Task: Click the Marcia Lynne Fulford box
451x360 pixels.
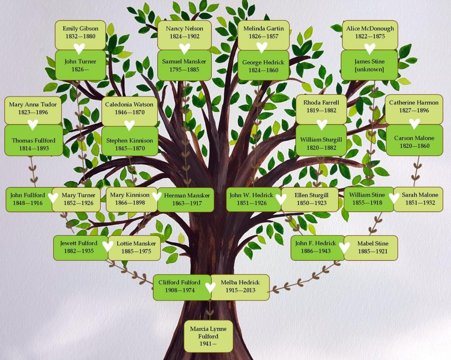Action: [x=208, y=336]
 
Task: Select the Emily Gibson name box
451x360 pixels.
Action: [x=80, y=35]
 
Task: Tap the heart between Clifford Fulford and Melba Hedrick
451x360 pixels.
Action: [x=210, y=287]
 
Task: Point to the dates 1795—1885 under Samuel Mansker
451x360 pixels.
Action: [x=184, y=69]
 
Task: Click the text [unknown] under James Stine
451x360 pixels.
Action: [x=370, y=69]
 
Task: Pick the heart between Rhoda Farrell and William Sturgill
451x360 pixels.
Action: [x=322, y=125]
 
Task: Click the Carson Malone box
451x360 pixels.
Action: [x=414, y=140]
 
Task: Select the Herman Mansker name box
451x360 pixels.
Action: [x=186, y=200]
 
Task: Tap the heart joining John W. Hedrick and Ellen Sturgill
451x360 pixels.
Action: [x=281, y=199]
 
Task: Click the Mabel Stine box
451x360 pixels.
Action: [x=371, y=248]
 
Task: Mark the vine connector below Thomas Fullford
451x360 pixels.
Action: [x=33, y=171]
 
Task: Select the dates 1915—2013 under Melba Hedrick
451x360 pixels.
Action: [x=240, y=290]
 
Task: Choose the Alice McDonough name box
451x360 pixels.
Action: [x=370, y=35]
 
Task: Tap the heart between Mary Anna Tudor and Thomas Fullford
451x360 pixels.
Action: [x=33, y=125]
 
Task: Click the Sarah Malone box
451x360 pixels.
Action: [x=418, y=199]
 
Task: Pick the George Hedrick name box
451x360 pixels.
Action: [x=263, y=65]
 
